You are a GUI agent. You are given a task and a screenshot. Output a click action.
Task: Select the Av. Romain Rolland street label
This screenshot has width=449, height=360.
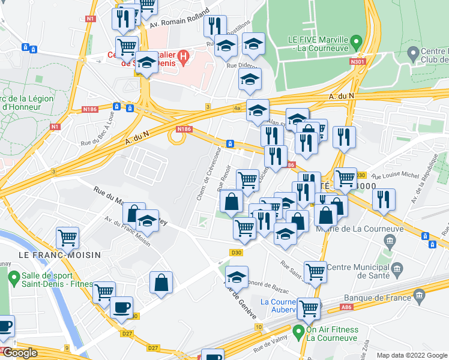178,19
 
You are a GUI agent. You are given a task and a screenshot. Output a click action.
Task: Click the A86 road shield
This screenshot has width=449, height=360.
346,306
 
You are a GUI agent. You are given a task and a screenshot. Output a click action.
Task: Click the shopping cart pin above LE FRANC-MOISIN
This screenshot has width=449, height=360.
68,237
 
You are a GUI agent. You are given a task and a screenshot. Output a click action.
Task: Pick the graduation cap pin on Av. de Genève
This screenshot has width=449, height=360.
237,277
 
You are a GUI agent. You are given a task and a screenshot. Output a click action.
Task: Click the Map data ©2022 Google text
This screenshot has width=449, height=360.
402,355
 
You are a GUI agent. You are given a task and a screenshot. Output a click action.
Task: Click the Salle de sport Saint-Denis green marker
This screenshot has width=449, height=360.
13,277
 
